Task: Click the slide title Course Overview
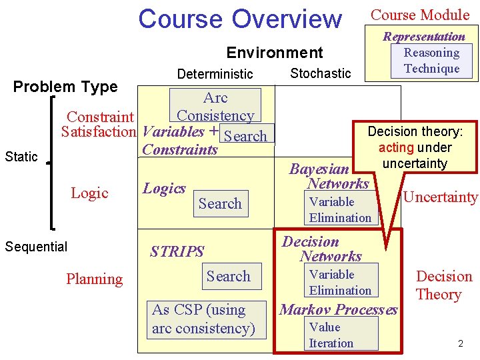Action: [239, 19]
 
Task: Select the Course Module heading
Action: [420, 15]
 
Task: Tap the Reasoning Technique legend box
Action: [431, 61]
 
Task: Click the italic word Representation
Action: [423, 36]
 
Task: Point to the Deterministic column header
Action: [215, 73]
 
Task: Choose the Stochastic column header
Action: [321, 73]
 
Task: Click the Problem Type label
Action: [65, 87]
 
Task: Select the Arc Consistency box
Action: [215, 106]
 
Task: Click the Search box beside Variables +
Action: [246, 136]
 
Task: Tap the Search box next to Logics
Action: [220, 203]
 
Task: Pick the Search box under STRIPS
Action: [228, 276]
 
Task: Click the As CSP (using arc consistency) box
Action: [203, 319]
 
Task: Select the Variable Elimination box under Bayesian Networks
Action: [340, 209]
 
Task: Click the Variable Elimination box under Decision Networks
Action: [340, 282]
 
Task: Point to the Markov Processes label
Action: [339, 309]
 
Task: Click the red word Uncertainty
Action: [441, 197]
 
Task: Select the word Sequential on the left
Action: [36, 247]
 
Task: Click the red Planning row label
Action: [94, 279]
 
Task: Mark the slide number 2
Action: [459, 343]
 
